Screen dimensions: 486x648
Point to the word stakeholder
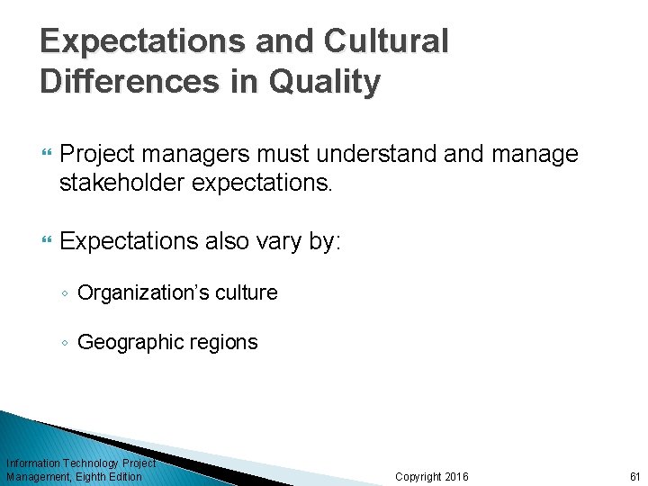coord(125,184)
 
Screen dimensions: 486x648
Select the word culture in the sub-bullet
coord(245,292)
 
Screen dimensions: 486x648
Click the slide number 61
coord(634,476)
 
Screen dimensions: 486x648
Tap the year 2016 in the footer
coord(456,476)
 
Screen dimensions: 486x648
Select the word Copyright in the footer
coord(418,476)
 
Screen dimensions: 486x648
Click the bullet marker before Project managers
coord(46,156)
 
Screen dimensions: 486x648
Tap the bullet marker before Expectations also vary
coord(46,241)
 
